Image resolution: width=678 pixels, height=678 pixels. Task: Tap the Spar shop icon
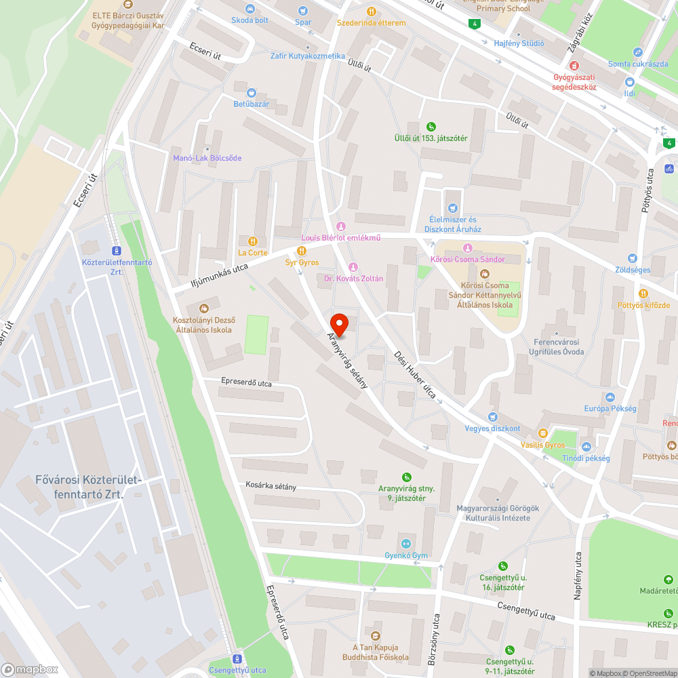point(303,11)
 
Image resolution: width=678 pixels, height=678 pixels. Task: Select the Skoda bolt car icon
point(250,9)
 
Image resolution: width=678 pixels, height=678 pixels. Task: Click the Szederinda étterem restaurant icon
point(372,12)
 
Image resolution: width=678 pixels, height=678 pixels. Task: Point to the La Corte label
point(252,253)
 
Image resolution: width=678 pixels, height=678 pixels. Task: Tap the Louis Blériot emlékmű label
point(341,237)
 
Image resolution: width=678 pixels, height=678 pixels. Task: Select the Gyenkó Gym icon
point(406,543)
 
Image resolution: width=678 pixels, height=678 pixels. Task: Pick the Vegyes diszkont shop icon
point(493,417)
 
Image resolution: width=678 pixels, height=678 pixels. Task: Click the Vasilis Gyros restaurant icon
point(542,433)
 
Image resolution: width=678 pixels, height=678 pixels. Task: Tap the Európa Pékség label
point(610,409)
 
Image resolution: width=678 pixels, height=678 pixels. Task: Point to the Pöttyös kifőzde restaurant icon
point(643,294)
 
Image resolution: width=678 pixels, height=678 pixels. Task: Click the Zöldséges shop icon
point(633,258)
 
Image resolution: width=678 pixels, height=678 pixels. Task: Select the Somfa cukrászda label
point(637,64)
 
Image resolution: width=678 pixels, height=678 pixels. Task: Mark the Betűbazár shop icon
point(252,93)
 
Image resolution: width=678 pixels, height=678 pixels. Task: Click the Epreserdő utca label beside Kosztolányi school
point(246,383)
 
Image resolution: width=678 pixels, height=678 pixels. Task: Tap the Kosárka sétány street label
point(271,487)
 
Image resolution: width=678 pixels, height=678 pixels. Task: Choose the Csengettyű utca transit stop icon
point(237,659)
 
